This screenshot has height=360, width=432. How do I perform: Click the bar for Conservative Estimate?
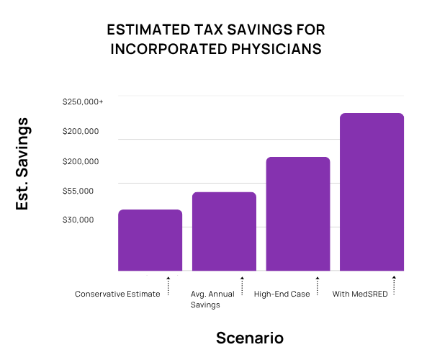(150, 240)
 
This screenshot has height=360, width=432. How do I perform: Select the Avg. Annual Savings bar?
(224, 231)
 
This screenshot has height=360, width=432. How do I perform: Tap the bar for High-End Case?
(298, 214)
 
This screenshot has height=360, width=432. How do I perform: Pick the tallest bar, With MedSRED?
(372, 192)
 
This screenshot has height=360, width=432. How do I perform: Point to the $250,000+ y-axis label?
(83, 102)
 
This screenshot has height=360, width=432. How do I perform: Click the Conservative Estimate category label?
(117, 294)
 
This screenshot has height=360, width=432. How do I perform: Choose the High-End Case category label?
(282, 294)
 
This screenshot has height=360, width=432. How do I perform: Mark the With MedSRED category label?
(356, 294)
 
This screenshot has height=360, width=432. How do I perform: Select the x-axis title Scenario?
(250, 338)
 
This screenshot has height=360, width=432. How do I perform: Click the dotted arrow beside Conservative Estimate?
(168, 285)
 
